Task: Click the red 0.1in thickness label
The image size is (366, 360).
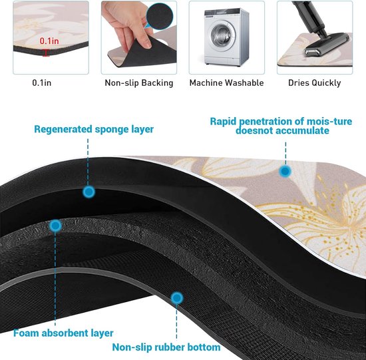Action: click(49, 41)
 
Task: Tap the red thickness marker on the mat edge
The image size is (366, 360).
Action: click(45, 53)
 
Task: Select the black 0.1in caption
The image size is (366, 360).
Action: click(41, 83)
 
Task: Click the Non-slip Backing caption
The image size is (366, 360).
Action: click(139, 83)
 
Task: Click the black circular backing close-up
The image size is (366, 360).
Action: click(160, 16)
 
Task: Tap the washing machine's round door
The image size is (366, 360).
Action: click(220, 35)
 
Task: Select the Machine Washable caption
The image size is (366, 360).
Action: click(226, 83)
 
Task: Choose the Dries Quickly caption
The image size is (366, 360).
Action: click(314, 83)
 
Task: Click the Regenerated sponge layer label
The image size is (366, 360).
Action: click(94, 129)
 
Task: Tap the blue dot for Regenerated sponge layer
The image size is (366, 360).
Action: click(89, 192)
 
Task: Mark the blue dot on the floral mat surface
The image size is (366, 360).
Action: click(285, 172)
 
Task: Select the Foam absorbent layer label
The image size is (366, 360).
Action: click(63, 333)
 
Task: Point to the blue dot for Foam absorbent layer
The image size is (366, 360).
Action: click(55, 226)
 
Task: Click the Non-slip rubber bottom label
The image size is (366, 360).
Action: click(166, 347)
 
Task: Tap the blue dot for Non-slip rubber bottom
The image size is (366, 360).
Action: click(177, 298)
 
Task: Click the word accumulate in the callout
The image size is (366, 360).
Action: click(303, 130)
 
